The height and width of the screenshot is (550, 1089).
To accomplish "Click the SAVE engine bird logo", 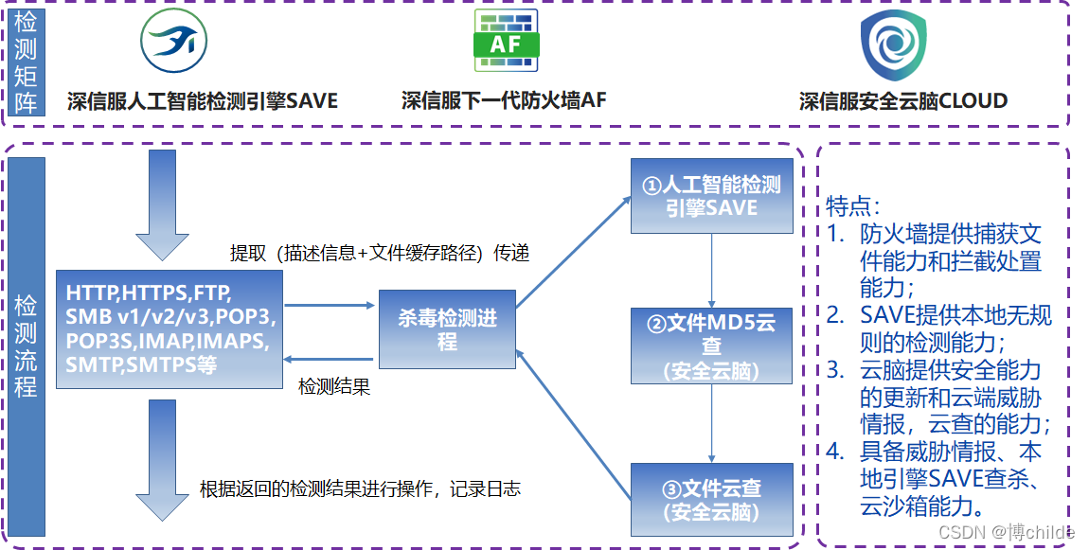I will click(x=174, y=42).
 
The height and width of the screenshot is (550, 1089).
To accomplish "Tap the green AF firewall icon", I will click(x=506, y=41).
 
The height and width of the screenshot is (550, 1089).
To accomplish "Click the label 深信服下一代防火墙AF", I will click(x=504, y=100).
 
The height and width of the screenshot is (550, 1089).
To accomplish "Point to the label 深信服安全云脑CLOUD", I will click(x=903, y=100).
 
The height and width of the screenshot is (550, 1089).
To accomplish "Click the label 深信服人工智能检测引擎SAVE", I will click(x=203, y=100).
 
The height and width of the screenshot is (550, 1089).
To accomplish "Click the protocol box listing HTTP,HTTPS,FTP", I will click(x=170, y=328).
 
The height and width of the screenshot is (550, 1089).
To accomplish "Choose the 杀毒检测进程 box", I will click(x=447, y=328).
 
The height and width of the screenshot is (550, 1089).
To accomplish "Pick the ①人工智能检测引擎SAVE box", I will click(x=711, y=196).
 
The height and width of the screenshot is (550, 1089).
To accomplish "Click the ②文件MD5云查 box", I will click(x=711, y=346).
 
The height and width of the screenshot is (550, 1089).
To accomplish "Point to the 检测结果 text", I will click(x=333, y=386).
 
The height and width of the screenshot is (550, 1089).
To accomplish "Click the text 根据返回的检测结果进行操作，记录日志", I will click(x=360, y=488).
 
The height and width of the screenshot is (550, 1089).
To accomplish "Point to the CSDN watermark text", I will click(x=1010, y=532).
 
